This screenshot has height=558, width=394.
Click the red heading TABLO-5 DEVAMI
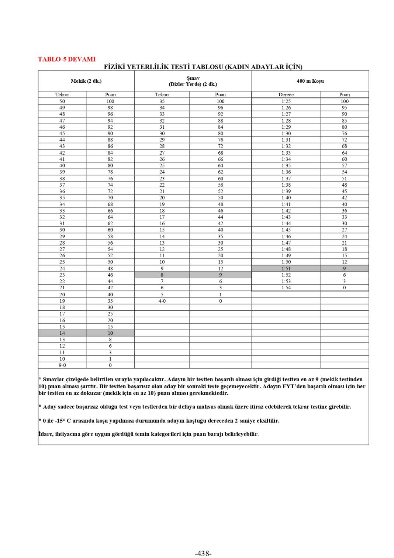click(66, 59)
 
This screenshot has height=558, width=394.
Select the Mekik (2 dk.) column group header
click(86, 81)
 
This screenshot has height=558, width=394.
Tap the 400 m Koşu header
click(310, 81)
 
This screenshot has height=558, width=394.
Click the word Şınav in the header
click(193, 78)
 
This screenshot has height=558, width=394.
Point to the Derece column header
click(286, 94)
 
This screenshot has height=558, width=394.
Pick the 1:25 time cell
click(286, 101)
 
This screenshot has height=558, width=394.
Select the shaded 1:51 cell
click(286, 269)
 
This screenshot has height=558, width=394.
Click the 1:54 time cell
click(286, 287)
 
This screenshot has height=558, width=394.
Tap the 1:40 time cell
click(286, 198)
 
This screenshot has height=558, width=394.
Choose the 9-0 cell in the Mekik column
click(62, 365)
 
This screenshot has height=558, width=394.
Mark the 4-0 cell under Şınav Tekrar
click(162, 301)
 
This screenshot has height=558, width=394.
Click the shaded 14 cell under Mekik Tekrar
click(62, 333)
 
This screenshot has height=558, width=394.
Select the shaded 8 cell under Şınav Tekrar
click(162, 275)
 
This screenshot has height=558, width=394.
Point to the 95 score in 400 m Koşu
click(344, 108)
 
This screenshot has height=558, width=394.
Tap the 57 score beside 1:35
click(344, 166)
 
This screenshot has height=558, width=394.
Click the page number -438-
click(203, 553)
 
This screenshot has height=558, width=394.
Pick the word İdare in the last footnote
click(45, 434)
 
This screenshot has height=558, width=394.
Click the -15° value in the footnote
click(60, 421)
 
